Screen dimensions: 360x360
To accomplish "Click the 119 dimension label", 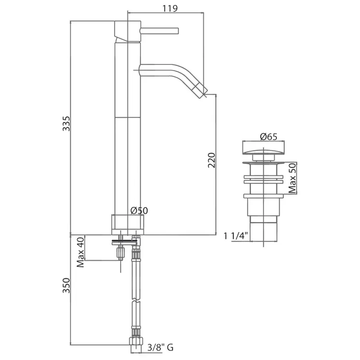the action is [x=170, y=8].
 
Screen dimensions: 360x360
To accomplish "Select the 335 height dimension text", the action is [x=66, y=124].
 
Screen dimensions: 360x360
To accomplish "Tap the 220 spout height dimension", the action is [x=212, y=160].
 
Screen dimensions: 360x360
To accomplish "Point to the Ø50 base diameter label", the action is [x=139, y=210].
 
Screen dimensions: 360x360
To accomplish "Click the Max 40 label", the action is [x=80, y=252].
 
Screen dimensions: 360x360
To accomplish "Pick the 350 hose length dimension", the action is [x=66, y=285].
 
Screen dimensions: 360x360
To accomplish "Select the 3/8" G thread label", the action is [x=160, y=347].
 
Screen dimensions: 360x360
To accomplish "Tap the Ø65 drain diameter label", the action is [x=269, y=137].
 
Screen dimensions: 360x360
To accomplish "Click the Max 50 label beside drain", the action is [x=292, y=178].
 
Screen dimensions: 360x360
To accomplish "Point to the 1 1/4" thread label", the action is [x=236, y=236].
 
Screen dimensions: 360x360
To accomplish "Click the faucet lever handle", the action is [x=159, y=31].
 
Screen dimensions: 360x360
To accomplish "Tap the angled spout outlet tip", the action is [x=202, y=91].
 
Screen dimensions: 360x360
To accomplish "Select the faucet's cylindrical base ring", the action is [x=128, y=225].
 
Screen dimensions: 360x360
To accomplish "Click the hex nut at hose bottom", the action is [x=136, y=341].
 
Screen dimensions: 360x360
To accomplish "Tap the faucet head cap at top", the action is [x=128, y=32].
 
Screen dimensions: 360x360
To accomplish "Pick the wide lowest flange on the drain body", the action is [x=263, y=196].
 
